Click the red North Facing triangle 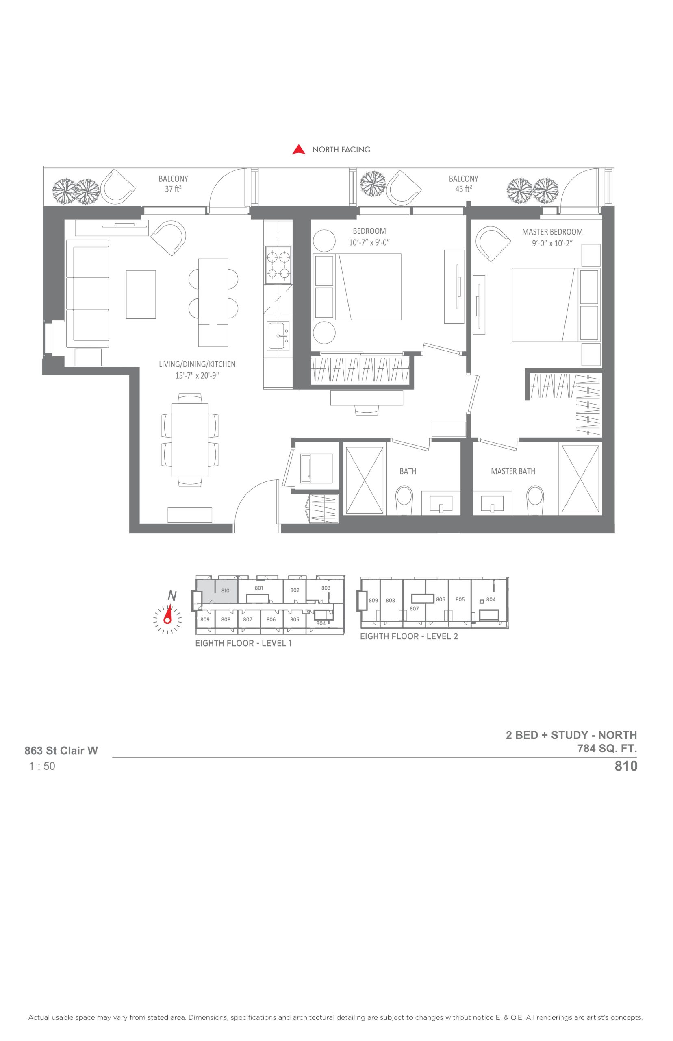click(x=299, y=150)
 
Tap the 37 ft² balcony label click(x=173, y=184)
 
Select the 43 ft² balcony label click(x=463, y=184)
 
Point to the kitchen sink click(x=278, y=336)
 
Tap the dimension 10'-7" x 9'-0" click(x=369, y=243)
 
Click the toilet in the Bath click(x=404, y=501)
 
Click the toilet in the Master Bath click(x=535, y=501)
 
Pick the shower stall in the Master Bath click(x=580, y=479)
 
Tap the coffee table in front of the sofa click(x=141, y=294)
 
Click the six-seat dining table click(x=190, y=440)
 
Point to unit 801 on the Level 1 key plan click(x=259, y=588)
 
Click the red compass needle click(x=168, y=614)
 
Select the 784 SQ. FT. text click(x=607, y=749)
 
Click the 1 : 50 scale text click(x=42, y=766)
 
